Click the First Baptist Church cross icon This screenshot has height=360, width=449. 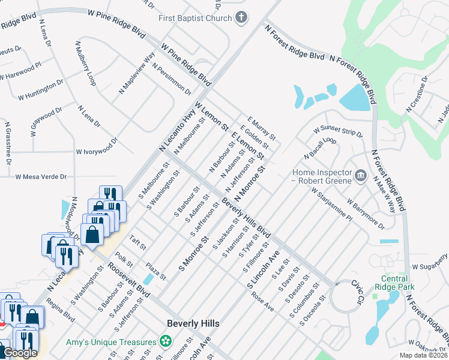241,17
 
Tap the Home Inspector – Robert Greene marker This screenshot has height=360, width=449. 360,175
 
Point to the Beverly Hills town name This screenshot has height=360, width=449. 193,323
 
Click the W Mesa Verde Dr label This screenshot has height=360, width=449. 41,177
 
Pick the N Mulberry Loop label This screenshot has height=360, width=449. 83,62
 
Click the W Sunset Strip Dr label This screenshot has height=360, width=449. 338,131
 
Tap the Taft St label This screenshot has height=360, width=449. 138,242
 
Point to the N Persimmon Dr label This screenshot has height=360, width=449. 171,79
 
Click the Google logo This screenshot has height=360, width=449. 20,353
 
